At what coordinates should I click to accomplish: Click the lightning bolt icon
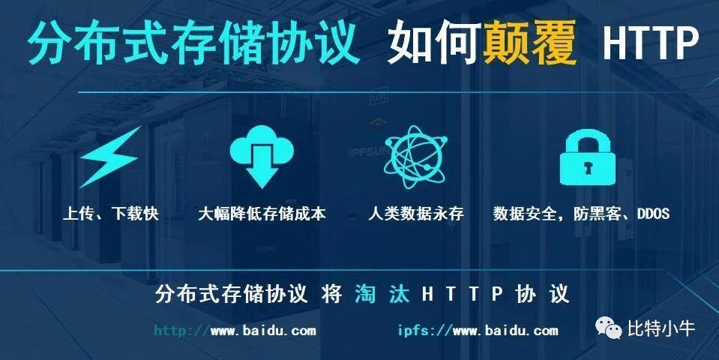pos(110,157)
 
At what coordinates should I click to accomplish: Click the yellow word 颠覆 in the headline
pos(530,44)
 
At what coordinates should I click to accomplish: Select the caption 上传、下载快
pos(111,214)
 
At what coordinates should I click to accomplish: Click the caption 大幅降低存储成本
pos(262,214)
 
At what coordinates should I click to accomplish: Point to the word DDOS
pos(653,214)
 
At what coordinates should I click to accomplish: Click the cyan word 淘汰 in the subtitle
pos(382,293)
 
